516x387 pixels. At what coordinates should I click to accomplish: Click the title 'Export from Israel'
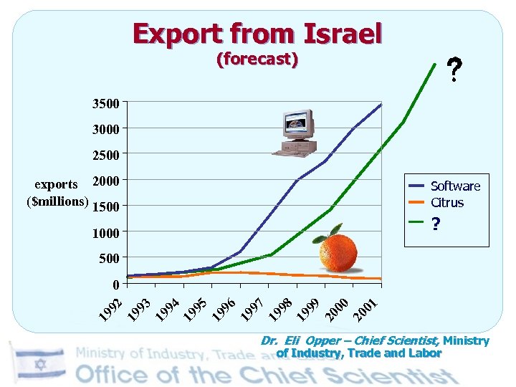[x=257, y=33]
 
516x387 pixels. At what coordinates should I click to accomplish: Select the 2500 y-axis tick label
[x=106, y=154]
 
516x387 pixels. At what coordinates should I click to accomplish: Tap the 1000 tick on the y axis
[x=106, y=232]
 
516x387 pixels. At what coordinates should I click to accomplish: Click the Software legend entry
[x=455, y=186]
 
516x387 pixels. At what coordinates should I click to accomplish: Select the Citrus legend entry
[x=447, y=203]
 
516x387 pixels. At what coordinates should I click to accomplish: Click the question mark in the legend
[x=435, y=224]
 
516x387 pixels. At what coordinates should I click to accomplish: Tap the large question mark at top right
[x=454, y=70]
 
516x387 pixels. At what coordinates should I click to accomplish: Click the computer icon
[x=296, y=133]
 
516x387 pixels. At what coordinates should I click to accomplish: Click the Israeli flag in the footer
[x=39, y=364]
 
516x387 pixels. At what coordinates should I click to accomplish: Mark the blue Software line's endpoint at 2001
[x=381, y=104]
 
